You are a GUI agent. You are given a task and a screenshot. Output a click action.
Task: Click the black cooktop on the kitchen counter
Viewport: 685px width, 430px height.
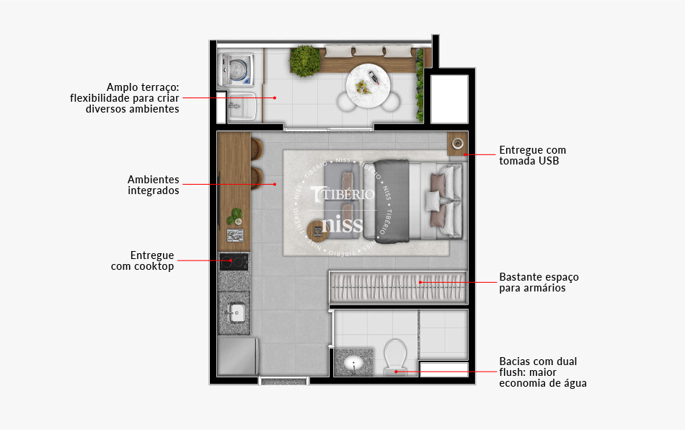click(234, 261)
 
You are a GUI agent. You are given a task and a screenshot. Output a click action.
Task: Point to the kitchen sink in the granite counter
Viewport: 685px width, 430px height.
click(235, 312)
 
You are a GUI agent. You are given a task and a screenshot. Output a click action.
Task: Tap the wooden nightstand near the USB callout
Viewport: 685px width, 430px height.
click(457, 144)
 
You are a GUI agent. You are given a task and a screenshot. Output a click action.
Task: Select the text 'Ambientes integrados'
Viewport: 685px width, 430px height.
click(153, 185)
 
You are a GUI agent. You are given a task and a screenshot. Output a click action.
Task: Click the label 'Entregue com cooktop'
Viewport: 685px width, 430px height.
click(143, 260)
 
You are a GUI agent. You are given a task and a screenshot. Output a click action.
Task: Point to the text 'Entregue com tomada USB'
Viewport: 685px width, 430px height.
click(532, 155)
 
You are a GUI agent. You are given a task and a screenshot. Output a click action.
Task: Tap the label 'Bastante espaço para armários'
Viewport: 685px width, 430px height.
click(539, 282)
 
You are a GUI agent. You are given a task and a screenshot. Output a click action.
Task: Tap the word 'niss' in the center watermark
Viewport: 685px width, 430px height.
click(342, 223)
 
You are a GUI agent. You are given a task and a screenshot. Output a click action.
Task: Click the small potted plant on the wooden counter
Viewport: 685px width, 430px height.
click(234, 216)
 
